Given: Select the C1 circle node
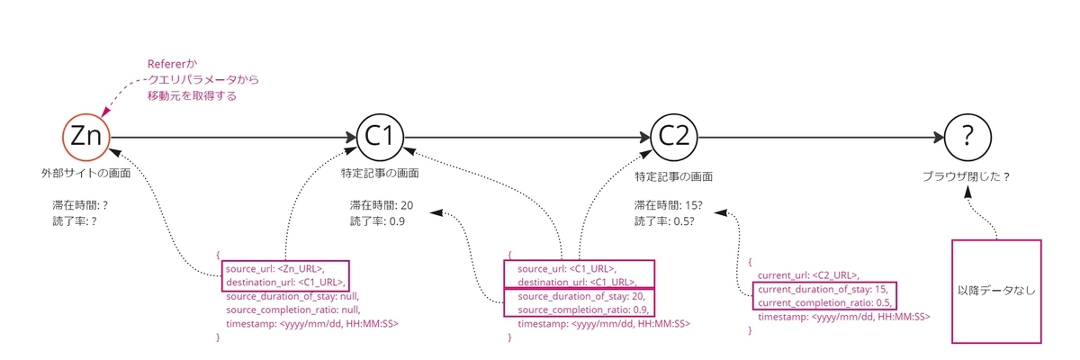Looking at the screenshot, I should coord(380,137).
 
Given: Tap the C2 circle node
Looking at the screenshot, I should coord(673,137).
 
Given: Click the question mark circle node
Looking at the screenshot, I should coord(967,137).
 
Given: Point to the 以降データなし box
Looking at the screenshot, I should coord(995,291).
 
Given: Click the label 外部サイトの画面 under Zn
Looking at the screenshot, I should coord(85,171).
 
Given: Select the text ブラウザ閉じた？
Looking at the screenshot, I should coord(967,176).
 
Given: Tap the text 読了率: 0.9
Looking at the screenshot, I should coord(377,220).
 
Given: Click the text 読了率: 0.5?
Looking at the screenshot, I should coord(664,220).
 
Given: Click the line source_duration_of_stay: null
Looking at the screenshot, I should coord(293,295).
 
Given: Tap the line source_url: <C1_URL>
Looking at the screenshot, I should coord(566,267).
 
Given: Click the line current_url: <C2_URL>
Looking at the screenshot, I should coord(808,275).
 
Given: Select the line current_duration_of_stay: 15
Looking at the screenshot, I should coord(823,289).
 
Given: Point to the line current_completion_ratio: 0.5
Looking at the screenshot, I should coord(825,303).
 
